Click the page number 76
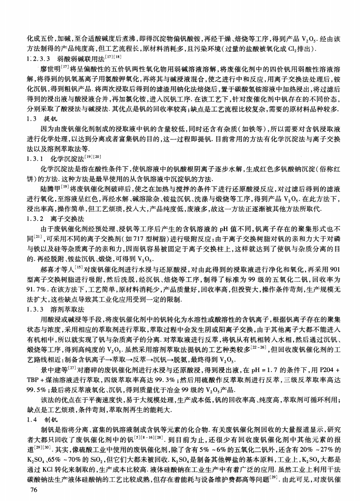pyautogui.click(x=34, y=490)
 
